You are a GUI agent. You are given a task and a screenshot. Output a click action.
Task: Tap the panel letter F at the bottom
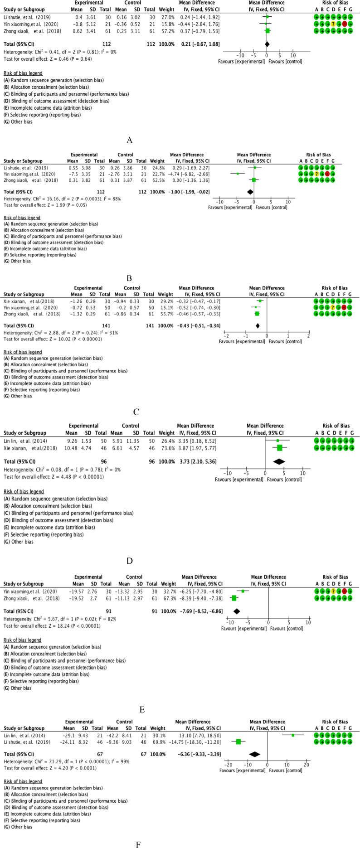pos(138,844)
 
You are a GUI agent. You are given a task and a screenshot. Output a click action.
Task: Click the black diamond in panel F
pos(254,754)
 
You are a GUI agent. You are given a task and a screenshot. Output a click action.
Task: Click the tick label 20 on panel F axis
pos(306,765)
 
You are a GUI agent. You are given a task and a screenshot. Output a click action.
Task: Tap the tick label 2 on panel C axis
pos(308,336)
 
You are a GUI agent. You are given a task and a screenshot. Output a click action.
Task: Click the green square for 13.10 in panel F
pos(293,735)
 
